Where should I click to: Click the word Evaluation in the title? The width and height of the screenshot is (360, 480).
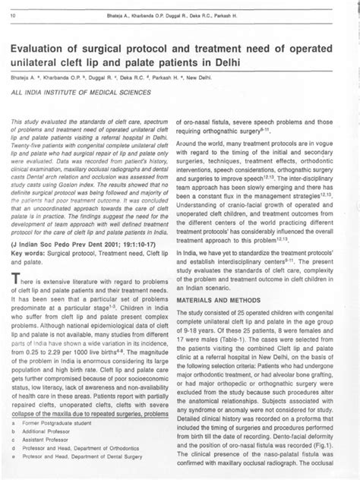47,45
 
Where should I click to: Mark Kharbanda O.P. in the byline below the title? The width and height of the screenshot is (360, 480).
61,78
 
